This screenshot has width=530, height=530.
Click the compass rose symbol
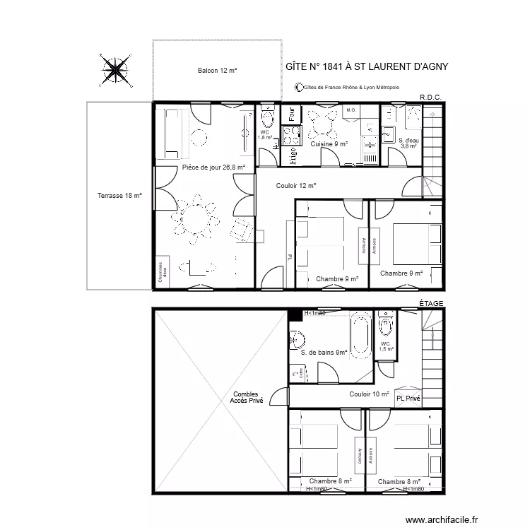coord(114,69)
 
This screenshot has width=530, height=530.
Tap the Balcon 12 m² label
coord(217,71)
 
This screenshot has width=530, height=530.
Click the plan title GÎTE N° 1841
coord(367,67)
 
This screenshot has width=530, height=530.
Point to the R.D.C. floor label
coord(430,97)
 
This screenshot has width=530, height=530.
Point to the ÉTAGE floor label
coord(431,303)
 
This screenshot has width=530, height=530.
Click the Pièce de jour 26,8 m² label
coord(213,167)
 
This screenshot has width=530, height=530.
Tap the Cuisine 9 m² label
coord(329,144)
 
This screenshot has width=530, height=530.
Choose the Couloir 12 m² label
coord(296,186)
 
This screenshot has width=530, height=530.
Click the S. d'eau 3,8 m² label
coord(409,143)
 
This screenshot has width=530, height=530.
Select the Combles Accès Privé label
coord(246,398)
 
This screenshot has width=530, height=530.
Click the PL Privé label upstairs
coord(408,399)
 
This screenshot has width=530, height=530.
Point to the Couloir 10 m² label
coord(369,394)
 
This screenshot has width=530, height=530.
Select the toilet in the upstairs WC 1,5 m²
coord(386,326)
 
